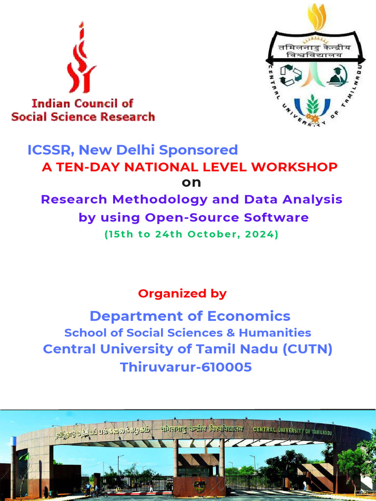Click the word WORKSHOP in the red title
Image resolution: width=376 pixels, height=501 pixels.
294,167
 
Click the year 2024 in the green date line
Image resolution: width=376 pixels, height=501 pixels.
264,234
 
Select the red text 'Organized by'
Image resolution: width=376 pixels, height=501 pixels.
182,294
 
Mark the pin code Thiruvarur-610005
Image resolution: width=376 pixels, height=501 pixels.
186,366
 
